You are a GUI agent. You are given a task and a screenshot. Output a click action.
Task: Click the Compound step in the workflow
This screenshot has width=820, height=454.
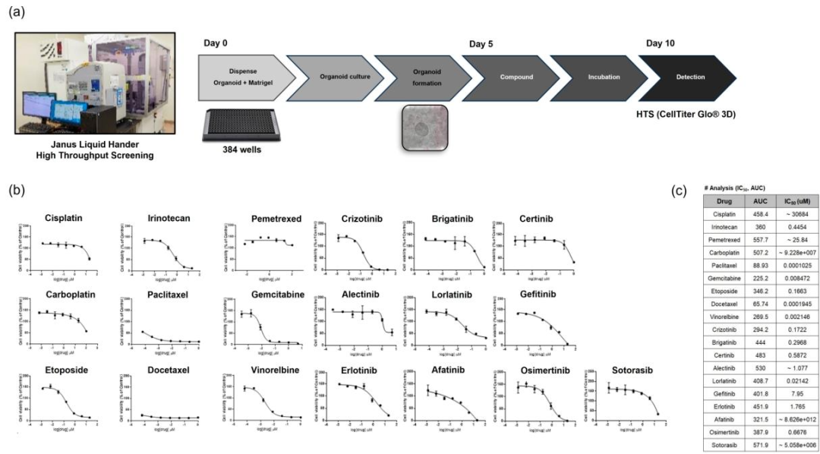pos(516,77)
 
